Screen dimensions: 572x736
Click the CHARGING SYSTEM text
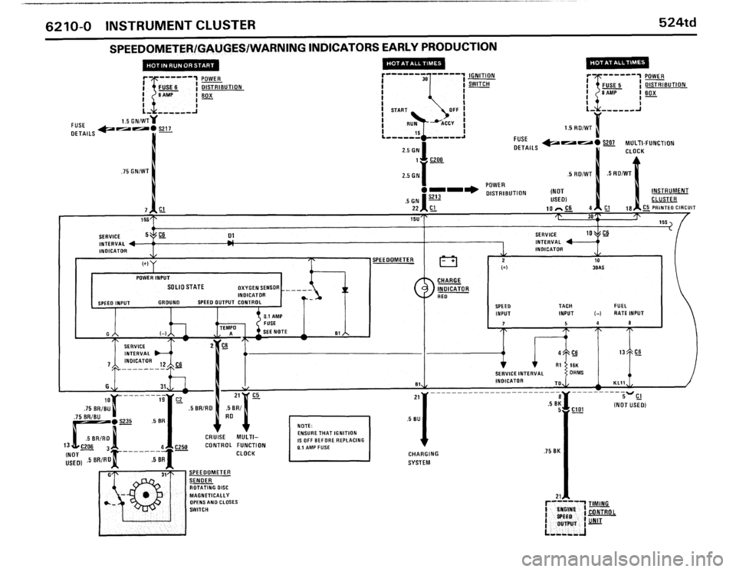422,458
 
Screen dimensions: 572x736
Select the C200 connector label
437,160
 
